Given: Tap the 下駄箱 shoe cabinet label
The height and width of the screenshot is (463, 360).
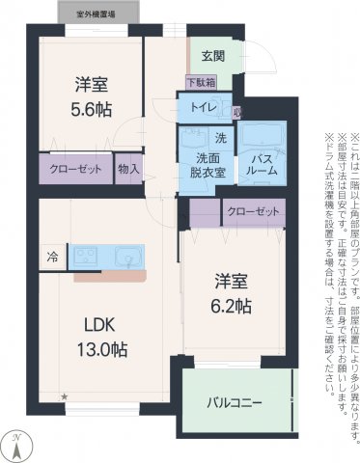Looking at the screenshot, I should click(201, 84).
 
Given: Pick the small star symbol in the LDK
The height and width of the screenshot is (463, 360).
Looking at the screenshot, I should click(66, 395).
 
